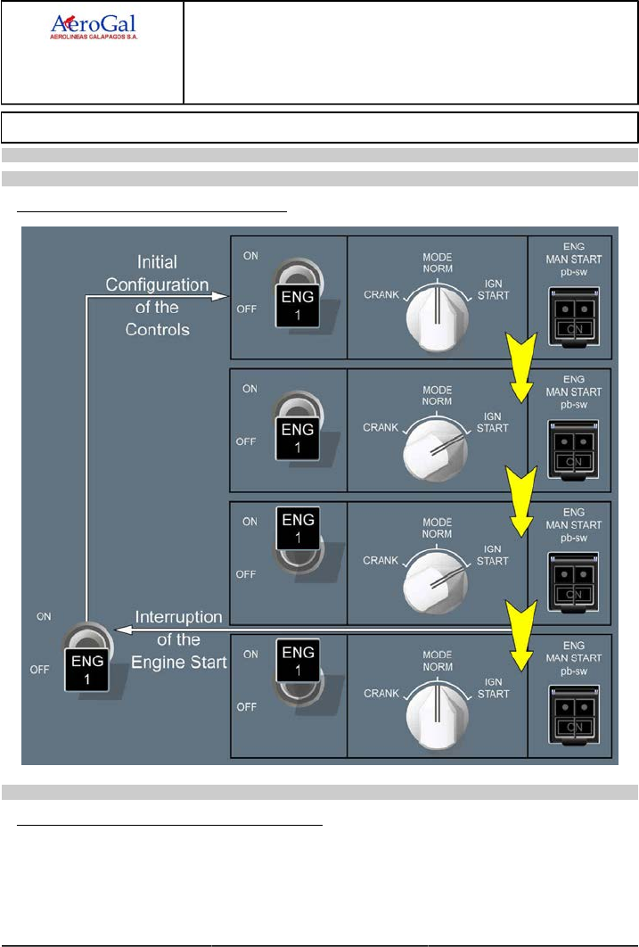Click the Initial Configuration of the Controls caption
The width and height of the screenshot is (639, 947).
(x=157, y=295)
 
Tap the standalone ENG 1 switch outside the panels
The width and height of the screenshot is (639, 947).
(x=86, y=657)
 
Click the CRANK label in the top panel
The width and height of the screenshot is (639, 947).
(x=381, y=294)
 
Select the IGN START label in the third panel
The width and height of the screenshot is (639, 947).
(x=493, y=555)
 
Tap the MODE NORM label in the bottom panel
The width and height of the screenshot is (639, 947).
(x=437, y=660)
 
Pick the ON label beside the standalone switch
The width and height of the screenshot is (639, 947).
(x=43, y=616)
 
